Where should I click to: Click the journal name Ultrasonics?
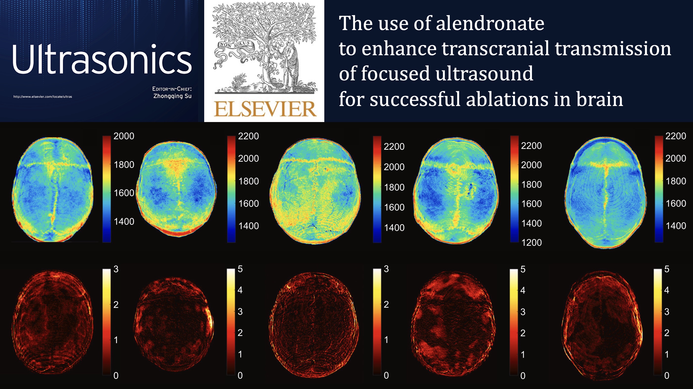tap(102, 59)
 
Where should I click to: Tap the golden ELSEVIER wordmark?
tap(265, 109)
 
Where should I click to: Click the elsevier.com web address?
tap(43, 97)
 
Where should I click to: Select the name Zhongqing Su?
tap(172, 96)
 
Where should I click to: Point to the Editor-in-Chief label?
tap(172, 89)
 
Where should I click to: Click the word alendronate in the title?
tap(490, 23)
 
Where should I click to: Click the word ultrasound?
tap(484, 73)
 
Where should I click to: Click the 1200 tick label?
tap(531, 243)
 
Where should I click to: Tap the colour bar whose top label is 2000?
tap(107, 189)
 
